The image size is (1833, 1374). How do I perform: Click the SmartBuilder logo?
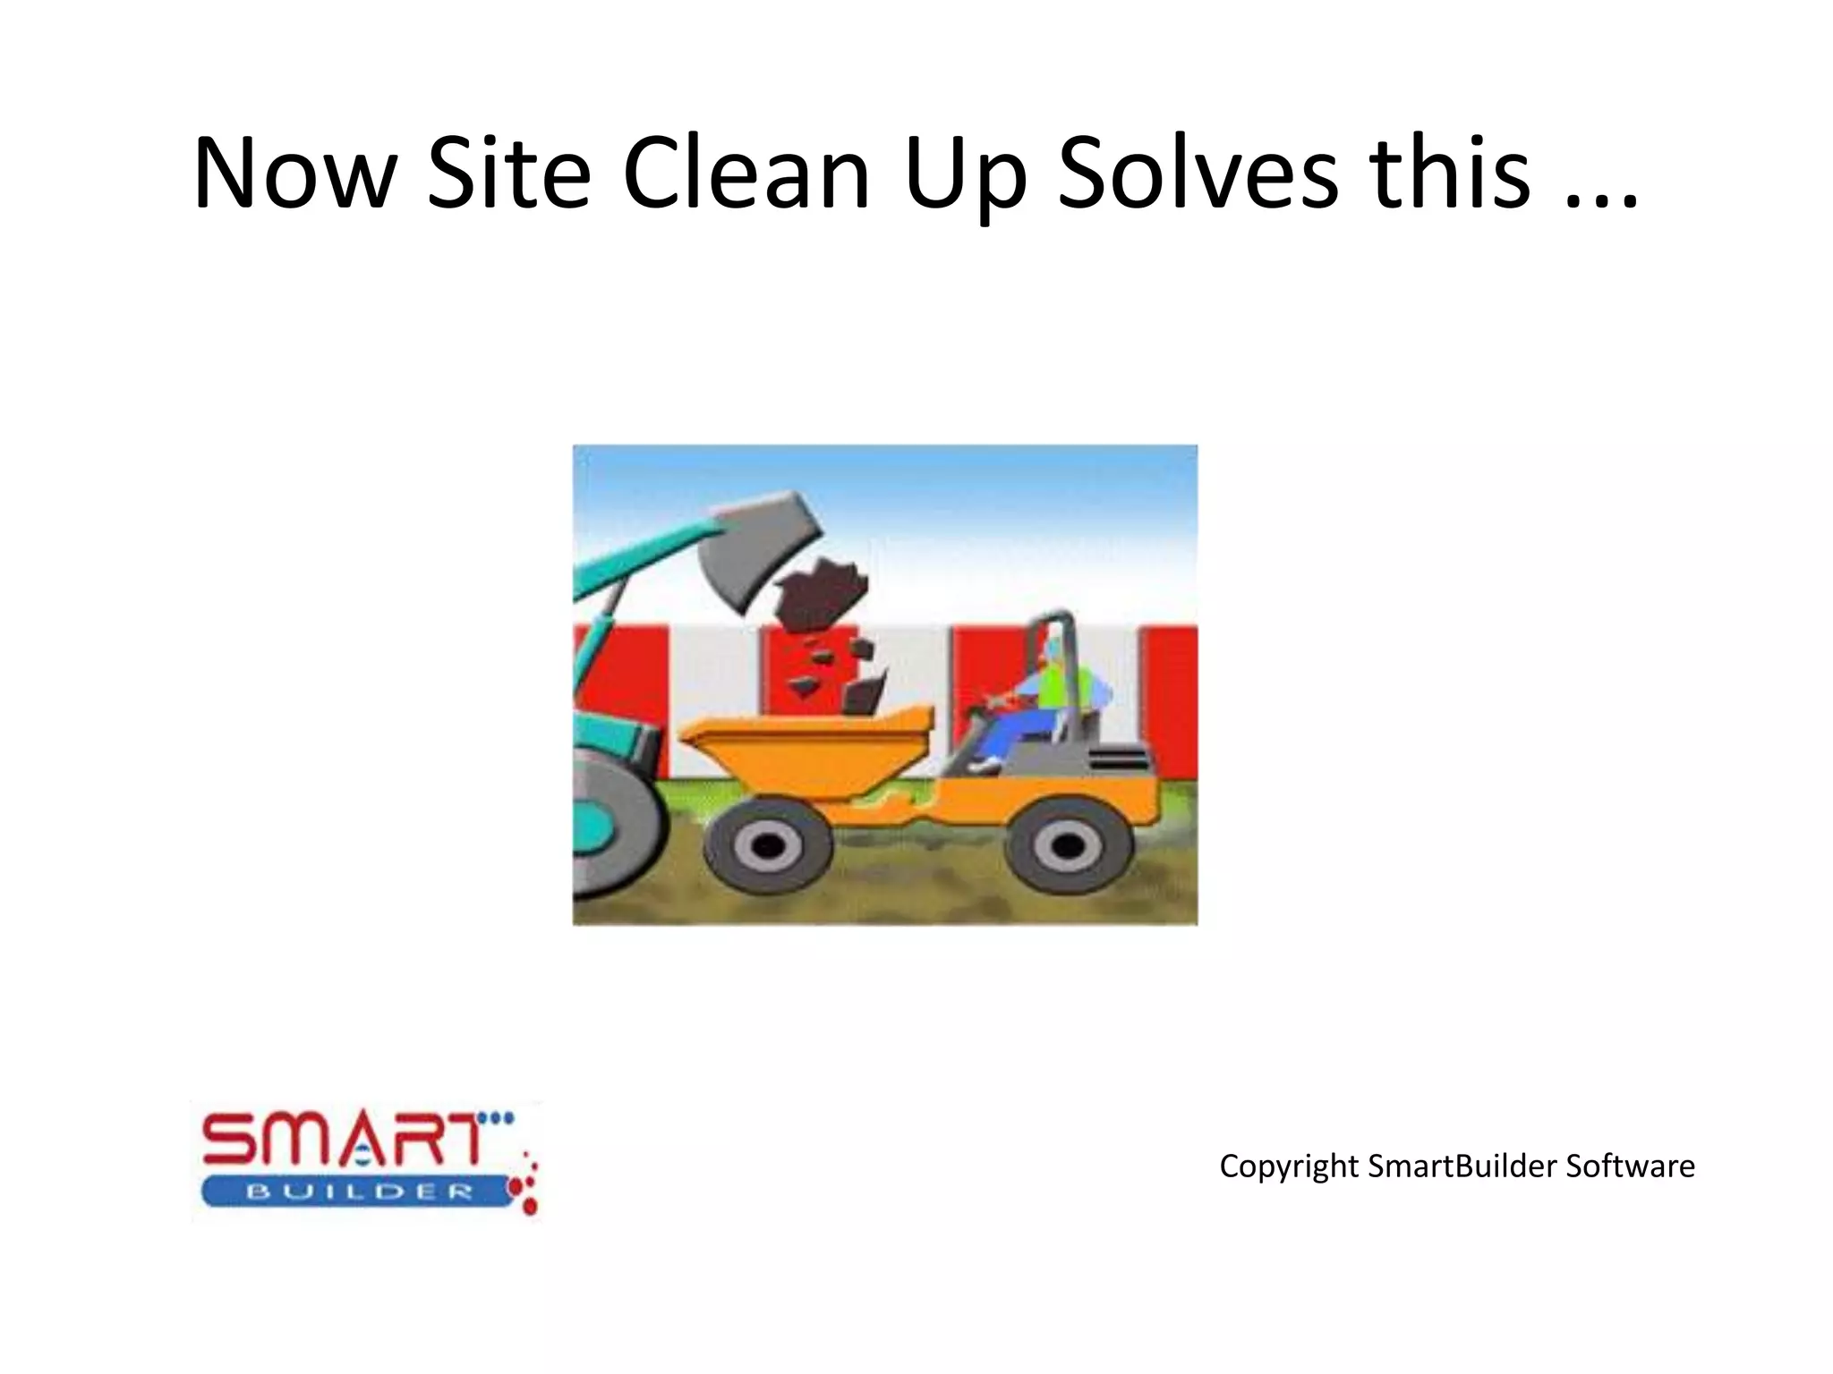367,1161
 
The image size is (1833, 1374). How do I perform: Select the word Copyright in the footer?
1289,1166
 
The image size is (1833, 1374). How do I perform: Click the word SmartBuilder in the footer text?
1462,1166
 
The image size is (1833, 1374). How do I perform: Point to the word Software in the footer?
1630,1166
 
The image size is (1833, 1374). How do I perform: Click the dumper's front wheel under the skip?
767,845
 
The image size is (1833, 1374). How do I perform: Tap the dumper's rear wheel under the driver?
1067,845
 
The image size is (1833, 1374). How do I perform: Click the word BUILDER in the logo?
358,1192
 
